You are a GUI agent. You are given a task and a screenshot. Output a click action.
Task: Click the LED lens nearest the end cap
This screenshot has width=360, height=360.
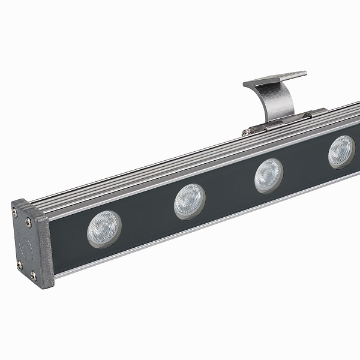coord(104,229)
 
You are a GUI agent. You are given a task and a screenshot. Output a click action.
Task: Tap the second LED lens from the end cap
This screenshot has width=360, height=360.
coord(189,201)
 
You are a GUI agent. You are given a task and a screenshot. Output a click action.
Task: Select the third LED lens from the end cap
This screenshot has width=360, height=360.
coord(268,175)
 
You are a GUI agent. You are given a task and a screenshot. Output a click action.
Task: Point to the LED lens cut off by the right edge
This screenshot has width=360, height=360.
coord(341,151)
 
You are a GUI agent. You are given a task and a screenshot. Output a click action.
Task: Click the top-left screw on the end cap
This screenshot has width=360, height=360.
coord(15,211)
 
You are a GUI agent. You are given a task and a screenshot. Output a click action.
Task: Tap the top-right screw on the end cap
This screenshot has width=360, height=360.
coord(28,222)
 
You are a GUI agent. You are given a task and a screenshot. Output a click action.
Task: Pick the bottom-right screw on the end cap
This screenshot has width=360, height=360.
coord(33,275)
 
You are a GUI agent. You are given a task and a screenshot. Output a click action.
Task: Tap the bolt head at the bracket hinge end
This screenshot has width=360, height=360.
coord(245,133)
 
